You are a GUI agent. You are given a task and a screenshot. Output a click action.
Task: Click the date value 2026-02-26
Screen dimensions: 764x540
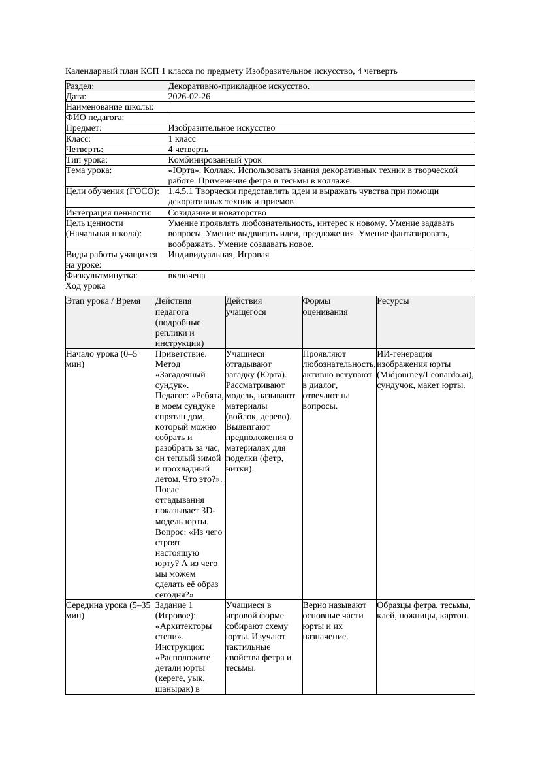189,97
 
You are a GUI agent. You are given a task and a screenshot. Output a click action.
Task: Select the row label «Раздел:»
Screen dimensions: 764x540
80,86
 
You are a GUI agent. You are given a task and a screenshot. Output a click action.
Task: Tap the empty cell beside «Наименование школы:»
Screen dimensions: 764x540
321,107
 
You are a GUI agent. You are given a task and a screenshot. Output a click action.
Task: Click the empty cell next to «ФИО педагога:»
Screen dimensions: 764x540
321,118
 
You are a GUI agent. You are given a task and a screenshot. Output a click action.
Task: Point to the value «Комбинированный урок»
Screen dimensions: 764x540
215,160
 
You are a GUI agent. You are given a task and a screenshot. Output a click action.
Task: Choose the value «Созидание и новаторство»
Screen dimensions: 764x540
217,213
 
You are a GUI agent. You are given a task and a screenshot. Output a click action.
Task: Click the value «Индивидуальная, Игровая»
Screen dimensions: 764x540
219,255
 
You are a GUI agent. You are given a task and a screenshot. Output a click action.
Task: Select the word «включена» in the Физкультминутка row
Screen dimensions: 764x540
187,276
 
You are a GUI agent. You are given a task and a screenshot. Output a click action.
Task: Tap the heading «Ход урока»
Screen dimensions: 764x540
86,286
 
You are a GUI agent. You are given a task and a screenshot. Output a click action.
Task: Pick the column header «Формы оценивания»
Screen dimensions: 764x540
325,307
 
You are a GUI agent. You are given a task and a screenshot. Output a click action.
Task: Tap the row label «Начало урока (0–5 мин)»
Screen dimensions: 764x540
101,359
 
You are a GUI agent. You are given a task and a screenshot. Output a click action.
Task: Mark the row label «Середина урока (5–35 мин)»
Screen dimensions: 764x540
108,610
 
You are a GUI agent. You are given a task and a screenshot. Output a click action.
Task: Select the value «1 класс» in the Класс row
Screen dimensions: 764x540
182,139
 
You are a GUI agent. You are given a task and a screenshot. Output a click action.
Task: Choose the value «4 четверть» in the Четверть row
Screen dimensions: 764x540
188,150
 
